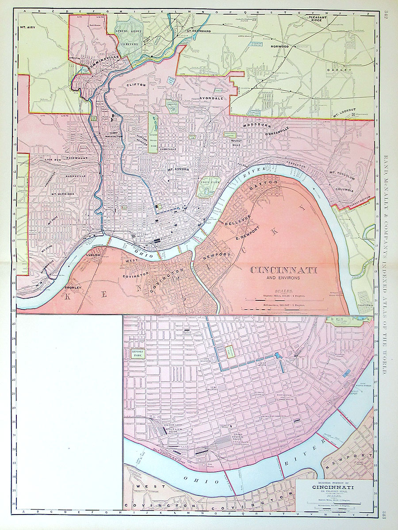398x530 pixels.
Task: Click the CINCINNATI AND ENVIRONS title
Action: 283,271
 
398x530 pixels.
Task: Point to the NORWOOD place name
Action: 280,46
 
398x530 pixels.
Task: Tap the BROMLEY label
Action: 73,288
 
